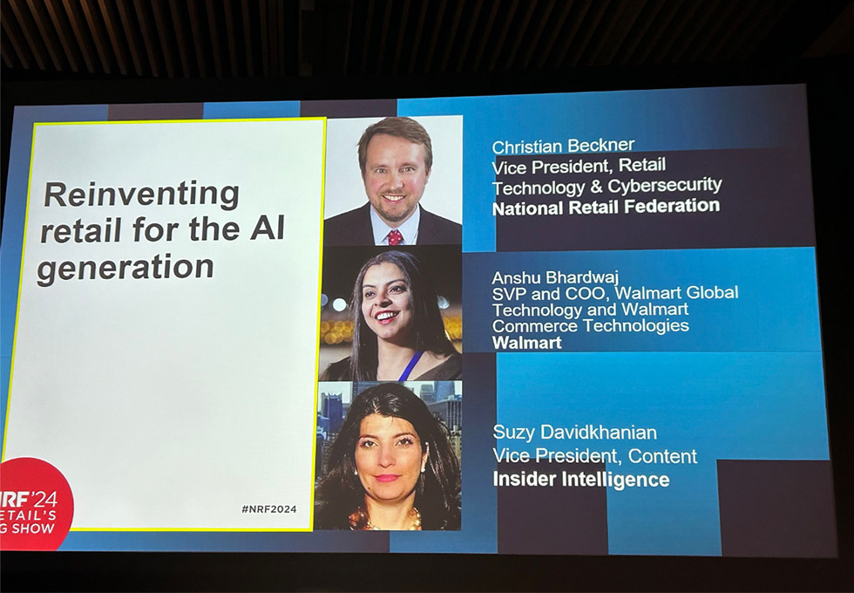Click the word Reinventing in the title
(141, 195)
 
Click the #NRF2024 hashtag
(269, 509)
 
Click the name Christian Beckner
(563, 147)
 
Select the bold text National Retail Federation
(607, 208)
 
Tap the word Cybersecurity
(664, 186)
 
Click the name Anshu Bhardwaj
(556, 278)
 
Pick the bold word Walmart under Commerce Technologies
(526, 343)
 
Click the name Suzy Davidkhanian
(574, 433)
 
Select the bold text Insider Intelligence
(581, 480)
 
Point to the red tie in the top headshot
(395, 237)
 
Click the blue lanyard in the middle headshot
(410, 365)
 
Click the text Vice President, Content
(594, 455)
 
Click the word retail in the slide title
(80, 231)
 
